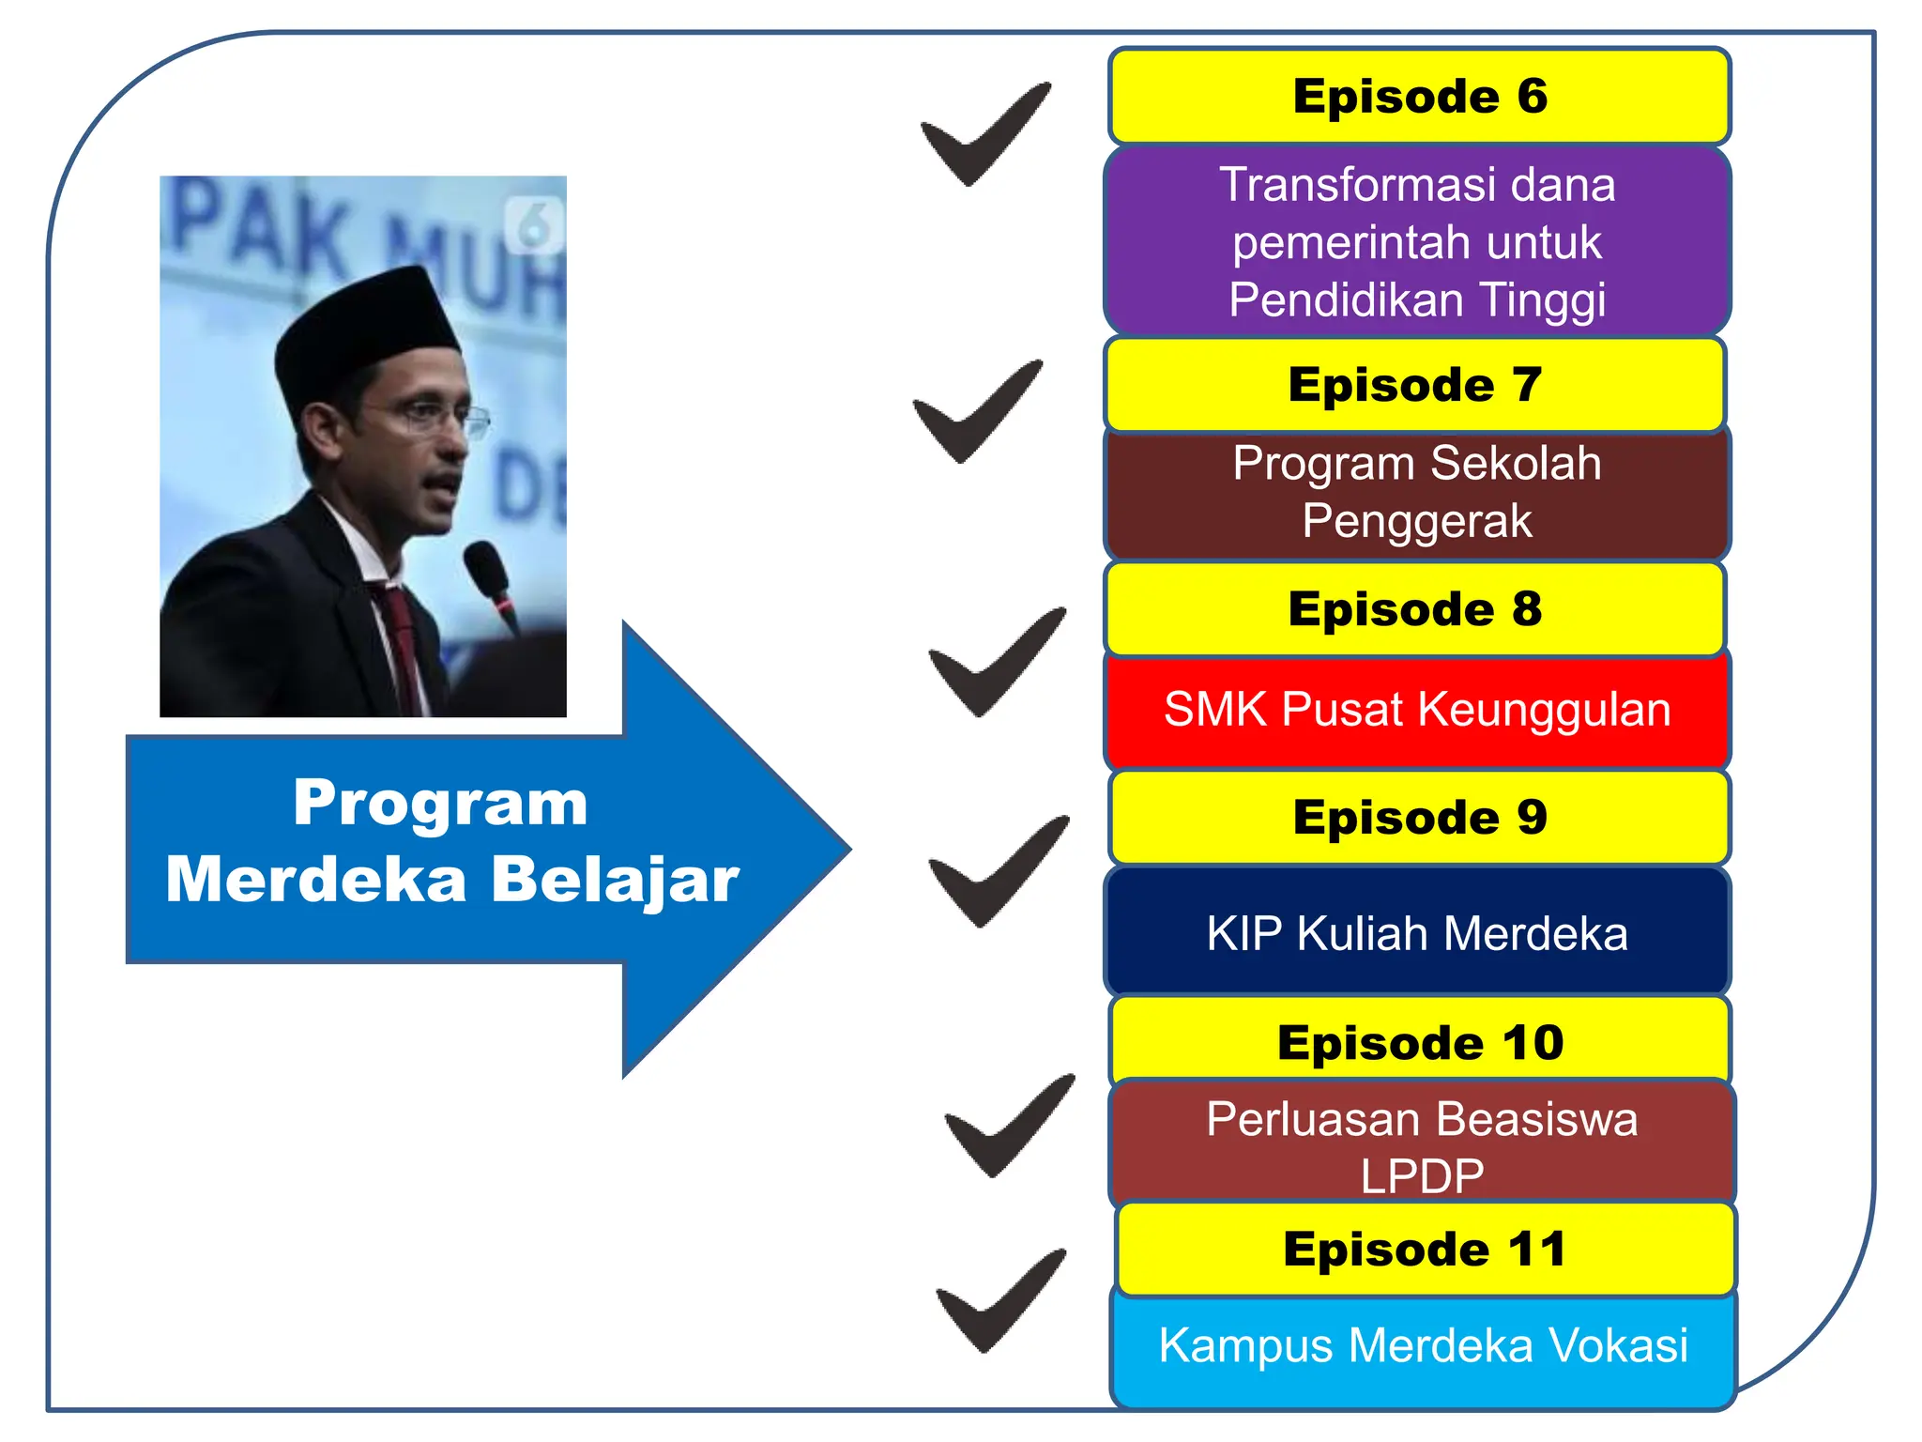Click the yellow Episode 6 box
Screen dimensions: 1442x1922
1419,97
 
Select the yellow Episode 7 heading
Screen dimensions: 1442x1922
1415,385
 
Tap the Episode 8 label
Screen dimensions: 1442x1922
1415,609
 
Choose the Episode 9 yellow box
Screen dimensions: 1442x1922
1419,818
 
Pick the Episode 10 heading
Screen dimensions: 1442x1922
1420,1043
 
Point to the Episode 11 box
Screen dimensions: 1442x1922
1425,1250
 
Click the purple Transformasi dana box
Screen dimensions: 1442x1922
1417,242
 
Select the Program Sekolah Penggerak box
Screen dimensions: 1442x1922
1417,493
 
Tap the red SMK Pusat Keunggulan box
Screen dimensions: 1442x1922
1417,711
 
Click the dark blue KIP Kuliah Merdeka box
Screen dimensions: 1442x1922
1417,932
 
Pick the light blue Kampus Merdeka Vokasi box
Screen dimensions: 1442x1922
1423,1346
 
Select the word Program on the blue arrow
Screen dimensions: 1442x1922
440,804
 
